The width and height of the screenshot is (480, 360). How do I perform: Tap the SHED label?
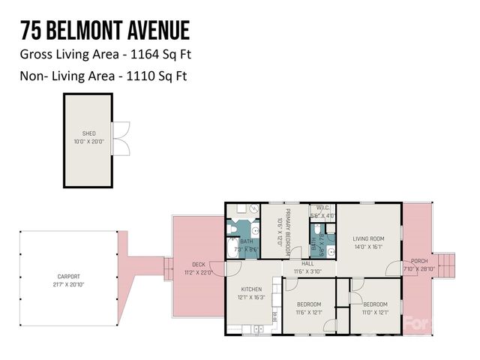(89, 133)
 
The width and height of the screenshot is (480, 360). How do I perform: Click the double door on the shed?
(121, 139)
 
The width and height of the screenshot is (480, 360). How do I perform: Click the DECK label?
(198, 264)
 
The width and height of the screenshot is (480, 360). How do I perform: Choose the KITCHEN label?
(251, 289)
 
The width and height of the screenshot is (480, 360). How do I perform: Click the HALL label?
(307, 263)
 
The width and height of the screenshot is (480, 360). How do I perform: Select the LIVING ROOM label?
(367, 238)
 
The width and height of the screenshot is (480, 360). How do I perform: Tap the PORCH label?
(419, 261)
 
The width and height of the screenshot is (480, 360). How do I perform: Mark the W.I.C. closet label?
(322, 208)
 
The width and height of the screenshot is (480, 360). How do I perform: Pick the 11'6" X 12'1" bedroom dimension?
(308, 311)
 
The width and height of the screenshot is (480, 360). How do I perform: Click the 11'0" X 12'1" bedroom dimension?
(375, 311)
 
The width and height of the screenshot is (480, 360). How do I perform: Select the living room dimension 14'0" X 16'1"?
(367, 246)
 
